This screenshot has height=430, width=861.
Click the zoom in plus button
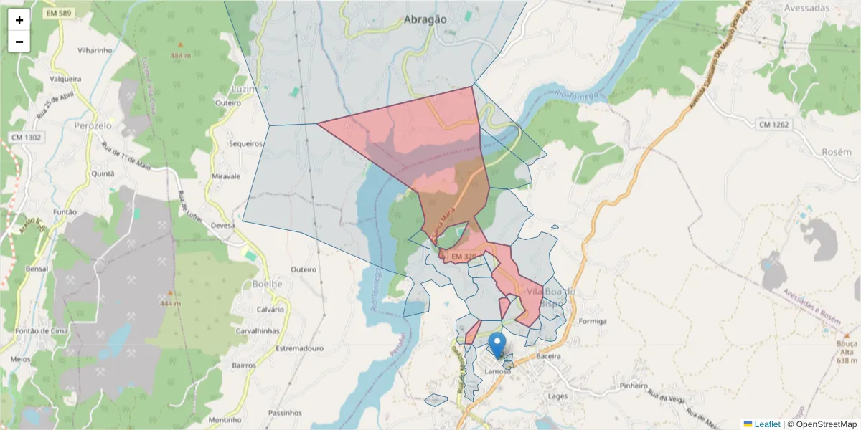[19, 20]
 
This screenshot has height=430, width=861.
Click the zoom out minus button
[19, 42]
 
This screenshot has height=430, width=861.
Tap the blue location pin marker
[497, 345]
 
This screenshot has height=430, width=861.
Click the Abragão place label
[425, 19]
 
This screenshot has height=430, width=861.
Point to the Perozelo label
[93, 125]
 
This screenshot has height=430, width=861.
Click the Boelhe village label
[268, 283]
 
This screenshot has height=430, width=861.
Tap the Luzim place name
[244, 89]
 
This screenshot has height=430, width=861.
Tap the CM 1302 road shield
[26, 137]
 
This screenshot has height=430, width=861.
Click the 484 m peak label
[181, 56]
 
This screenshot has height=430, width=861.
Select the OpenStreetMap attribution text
[822, 424]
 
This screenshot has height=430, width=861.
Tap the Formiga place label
[592, 321]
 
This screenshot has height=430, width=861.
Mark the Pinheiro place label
[634, 386]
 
